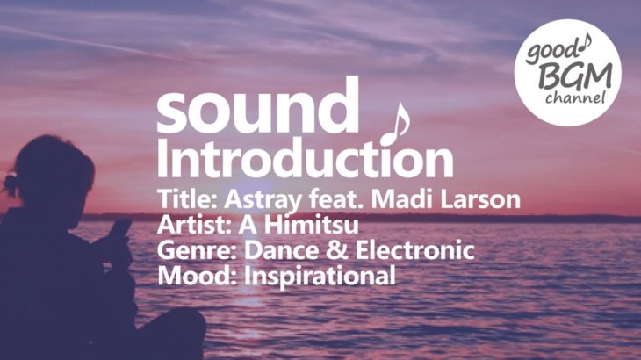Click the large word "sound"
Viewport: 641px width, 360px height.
257,105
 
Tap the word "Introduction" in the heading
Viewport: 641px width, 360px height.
305,157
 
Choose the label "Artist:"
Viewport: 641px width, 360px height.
195,224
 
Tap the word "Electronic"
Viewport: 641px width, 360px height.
415,249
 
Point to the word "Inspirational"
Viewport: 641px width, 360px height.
320,277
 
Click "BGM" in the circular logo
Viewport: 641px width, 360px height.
575,76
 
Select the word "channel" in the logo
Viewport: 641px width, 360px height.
575,98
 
